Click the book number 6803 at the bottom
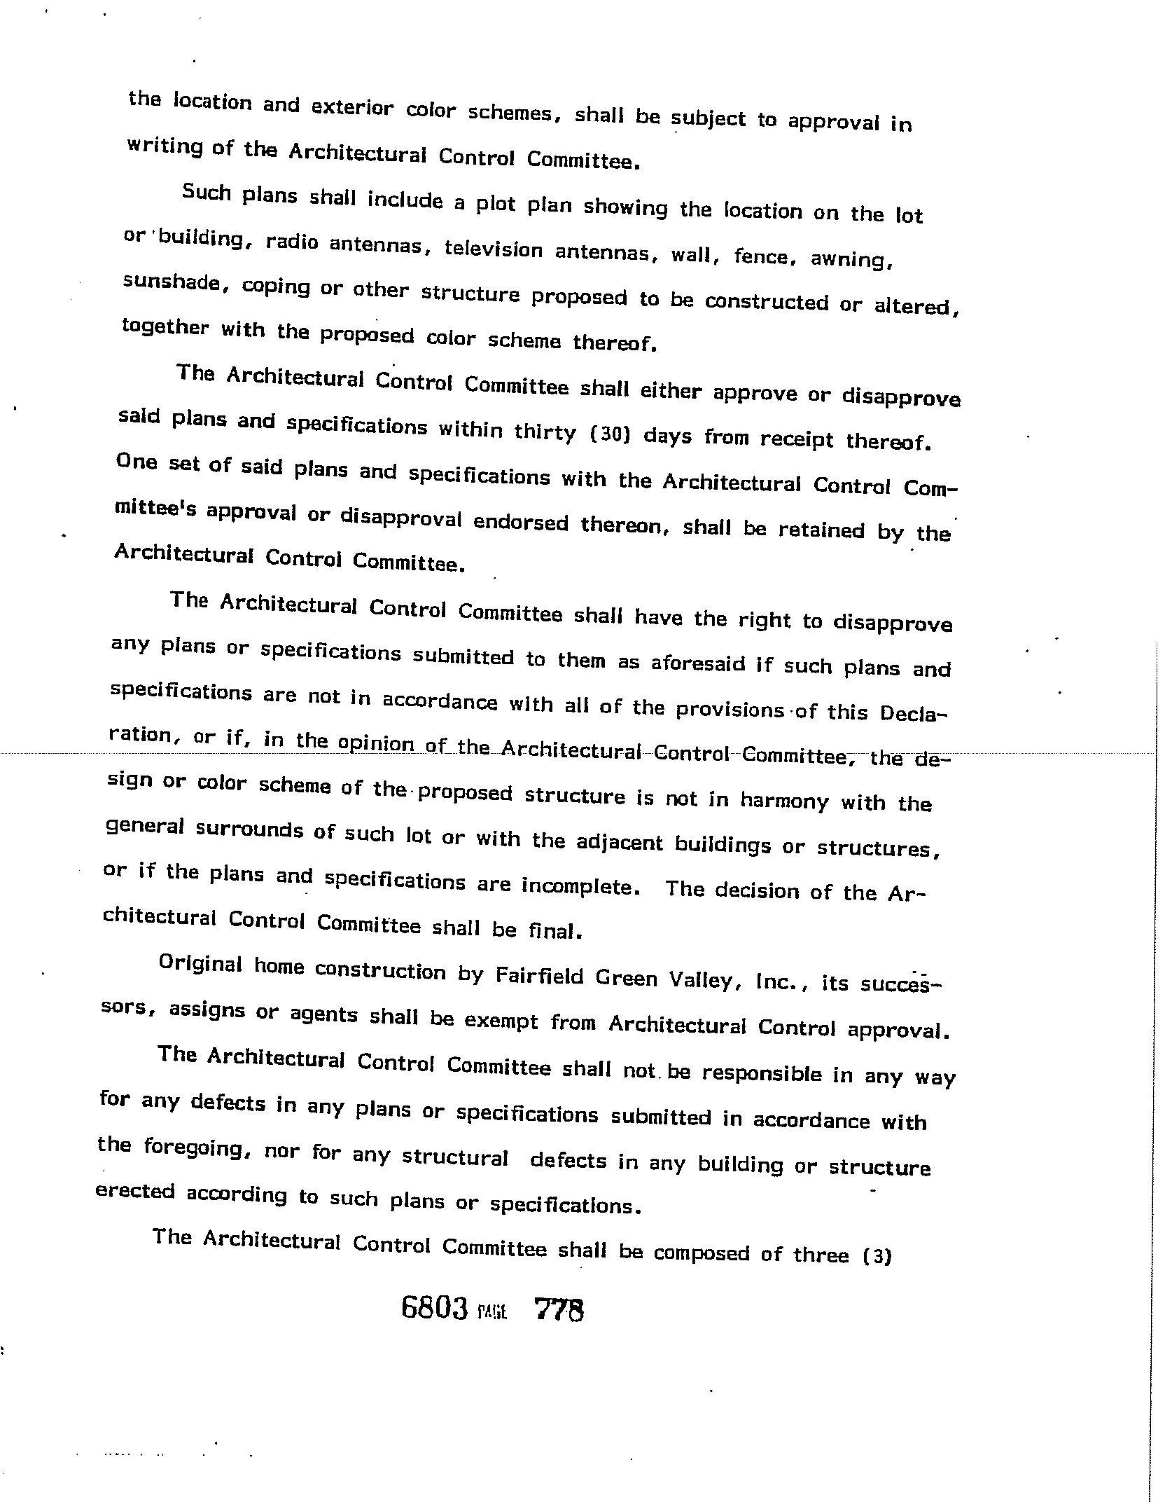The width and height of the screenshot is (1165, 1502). click(x=434, y=1307)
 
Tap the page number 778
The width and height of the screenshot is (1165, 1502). click(x=559, y=1309)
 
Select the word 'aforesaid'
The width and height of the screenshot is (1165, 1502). click(x=698, y=662)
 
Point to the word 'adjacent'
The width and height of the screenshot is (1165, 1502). click(x=619, y=843)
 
